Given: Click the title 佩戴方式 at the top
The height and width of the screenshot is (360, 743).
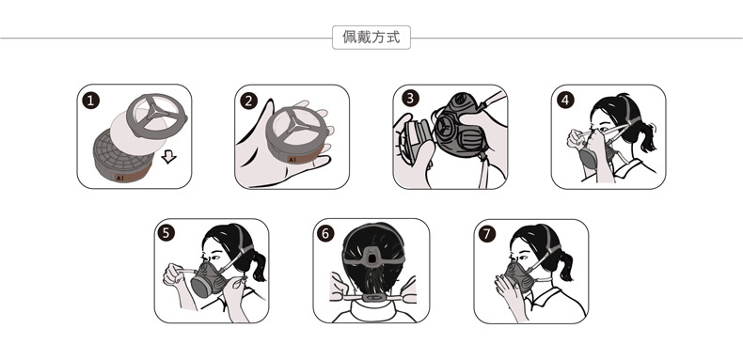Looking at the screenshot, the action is pyautogui.click(x=371, y=37).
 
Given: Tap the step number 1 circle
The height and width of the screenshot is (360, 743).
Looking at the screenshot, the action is pyautogui.click(x=91, y=101).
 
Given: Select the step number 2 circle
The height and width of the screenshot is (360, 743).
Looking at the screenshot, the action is pyautogui.click(x=249, y=101).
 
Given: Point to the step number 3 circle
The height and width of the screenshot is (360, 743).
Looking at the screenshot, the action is pyautogui.click(x=410, y=98).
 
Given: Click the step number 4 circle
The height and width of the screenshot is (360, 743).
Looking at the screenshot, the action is pyautogui.click(x=565, y=100).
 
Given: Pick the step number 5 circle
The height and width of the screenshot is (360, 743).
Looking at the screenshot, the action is pyautogui.click(x=166, y=232).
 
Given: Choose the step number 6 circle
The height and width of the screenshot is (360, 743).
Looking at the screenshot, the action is pyautogui.click(x=325, y=233).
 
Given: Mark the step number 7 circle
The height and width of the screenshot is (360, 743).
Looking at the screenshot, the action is pyautogui.click(x=486, y=233).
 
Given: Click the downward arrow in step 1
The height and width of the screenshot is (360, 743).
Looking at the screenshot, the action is pyautogui.click(x=168, y=157).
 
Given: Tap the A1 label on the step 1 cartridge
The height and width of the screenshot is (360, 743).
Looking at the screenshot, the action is pyautogui.click(x=119, y=178).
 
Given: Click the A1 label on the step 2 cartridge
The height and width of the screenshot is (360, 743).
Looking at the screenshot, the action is pyautogui.click(x=292, y=160).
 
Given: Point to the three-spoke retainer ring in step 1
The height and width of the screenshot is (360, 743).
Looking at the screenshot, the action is pyautogui.click(x=157, y=112).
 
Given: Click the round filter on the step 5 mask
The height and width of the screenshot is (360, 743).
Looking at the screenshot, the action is pyautogui.click(x=201, y=287).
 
